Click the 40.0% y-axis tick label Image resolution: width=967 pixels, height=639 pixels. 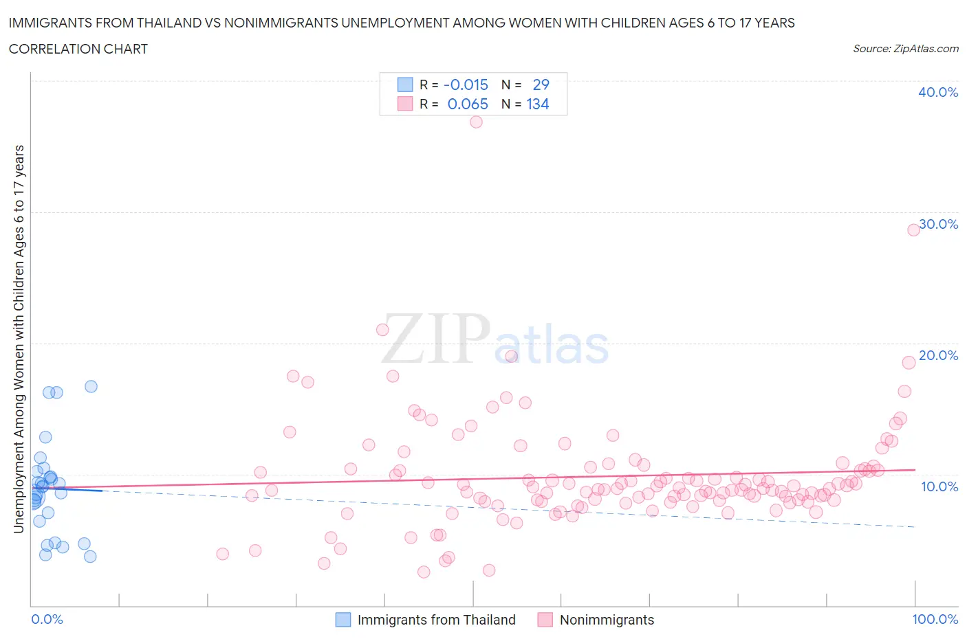[937, 92]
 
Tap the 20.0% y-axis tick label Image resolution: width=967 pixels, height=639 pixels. [938, 355]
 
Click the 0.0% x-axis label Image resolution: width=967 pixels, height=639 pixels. [47, 619]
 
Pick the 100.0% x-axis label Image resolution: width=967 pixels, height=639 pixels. [935, 619]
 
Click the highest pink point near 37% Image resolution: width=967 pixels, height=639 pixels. [476, 122]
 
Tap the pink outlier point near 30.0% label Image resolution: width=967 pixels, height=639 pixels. [913, 229]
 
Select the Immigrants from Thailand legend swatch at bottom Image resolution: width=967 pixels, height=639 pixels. [343, 620]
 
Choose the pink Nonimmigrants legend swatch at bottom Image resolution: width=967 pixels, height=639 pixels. [545, 620]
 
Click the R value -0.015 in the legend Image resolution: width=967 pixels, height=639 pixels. [466, 85]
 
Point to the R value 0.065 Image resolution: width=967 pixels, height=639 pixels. [468, 104]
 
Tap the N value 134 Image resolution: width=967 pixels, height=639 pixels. [538, 104]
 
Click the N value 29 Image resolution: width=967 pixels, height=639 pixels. [541, 85]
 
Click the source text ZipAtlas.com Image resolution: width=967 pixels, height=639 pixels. [905, 49]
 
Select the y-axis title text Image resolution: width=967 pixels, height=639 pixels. [19, 339]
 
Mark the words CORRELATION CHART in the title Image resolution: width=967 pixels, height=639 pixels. [78, 49]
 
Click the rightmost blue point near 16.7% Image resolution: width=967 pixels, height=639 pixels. [91, 386]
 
